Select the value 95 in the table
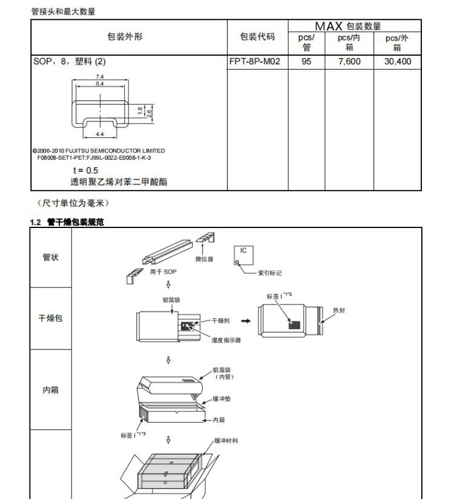coord(306,62)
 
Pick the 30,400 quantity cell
coord(397,62)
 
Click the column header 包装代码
coord(257,37)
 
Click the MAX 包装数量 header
coord(347,26)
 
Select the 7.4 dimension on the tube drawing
coord(100,77)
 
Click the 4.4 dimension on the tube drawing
coord(100,132)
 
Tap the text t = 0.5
coord(85,171)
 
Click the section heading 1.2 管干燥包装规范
coord(67,222)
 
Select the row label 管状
coord(51,256)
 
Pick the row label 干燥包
coord(51,318)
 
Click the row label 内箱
coord(51,390)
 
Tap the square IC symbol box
coord(243,255)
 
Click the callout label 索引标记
coord(270,273)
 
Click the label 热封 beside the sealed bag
coord(339,310)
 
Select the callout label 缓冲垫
coord(220,400)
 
